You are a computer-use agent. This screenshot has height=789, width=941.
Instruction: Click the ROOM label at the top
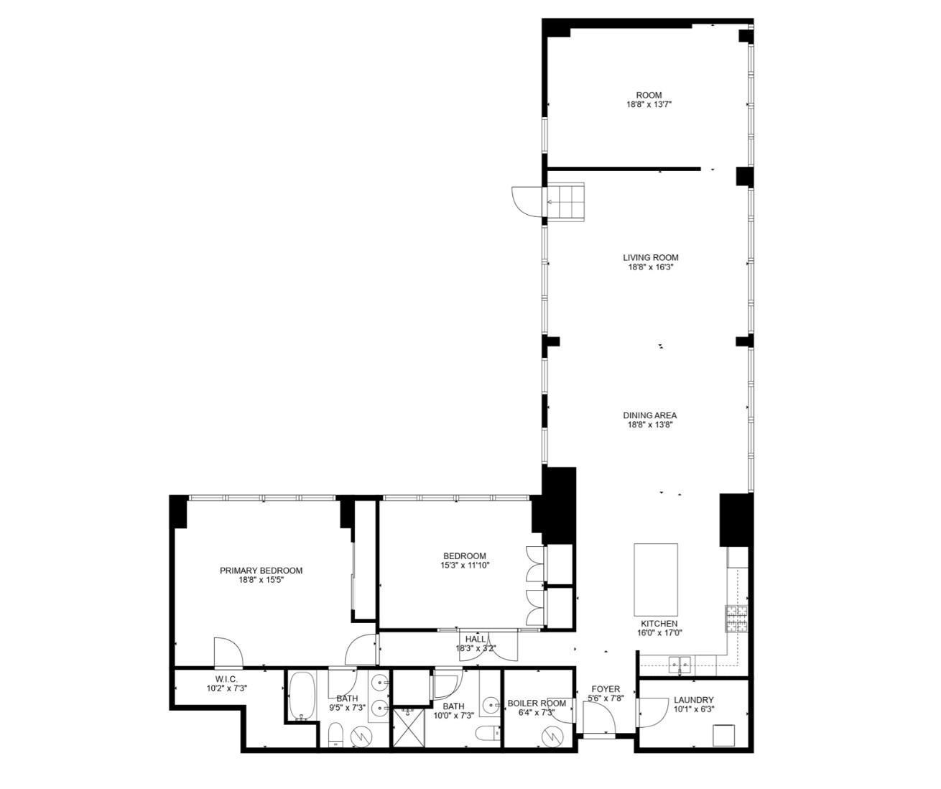pos(649,95)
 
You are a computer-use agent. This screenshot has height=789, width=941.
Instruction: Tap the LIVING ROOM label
pos(650,257)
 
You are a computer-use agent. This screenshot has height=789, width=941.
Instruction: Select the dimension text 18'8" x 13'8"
pos(649,425)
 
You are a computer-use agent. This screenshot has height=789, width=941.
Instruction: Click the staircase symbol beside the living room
pos(566,202)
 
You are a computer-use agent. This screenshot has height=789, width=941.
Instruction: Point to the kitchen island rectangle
pos(655,576)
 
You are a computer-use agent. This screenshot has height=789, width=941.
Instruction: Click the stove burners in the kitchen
pos(736,619)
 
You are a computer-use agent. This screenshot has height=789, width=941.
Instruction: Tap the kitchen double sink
pos(680,665)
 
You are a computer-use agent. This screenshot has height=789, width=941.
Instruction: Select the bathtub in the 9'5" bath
pos(302,696)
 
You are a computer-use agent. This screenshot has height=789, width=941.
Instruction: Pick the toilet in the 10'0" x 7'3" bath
pos(488,733)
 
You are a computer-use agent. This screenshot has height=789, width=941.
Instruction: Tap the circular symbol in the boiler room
pos(553,735)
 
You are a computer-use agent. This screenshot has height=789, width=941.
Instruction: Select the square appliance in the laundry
pos(723,735)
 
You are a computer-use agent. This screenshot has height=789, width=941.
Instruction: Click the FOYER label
pos(605,689)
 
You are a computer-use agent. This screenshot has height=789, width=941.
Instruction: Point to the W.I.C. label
pos(226,679)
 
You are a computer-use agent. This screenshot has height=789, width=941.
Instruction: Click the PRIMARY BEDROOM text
pos(261,571)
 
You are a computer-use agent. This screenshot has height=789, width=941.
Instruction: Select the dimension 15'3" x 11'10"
pos(465,565)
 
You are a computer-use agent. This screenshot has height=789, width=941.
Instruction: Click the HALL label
pos(475,639)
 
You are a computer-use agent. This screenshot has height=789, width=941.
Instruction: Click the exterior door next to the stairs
pos(525,200)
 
